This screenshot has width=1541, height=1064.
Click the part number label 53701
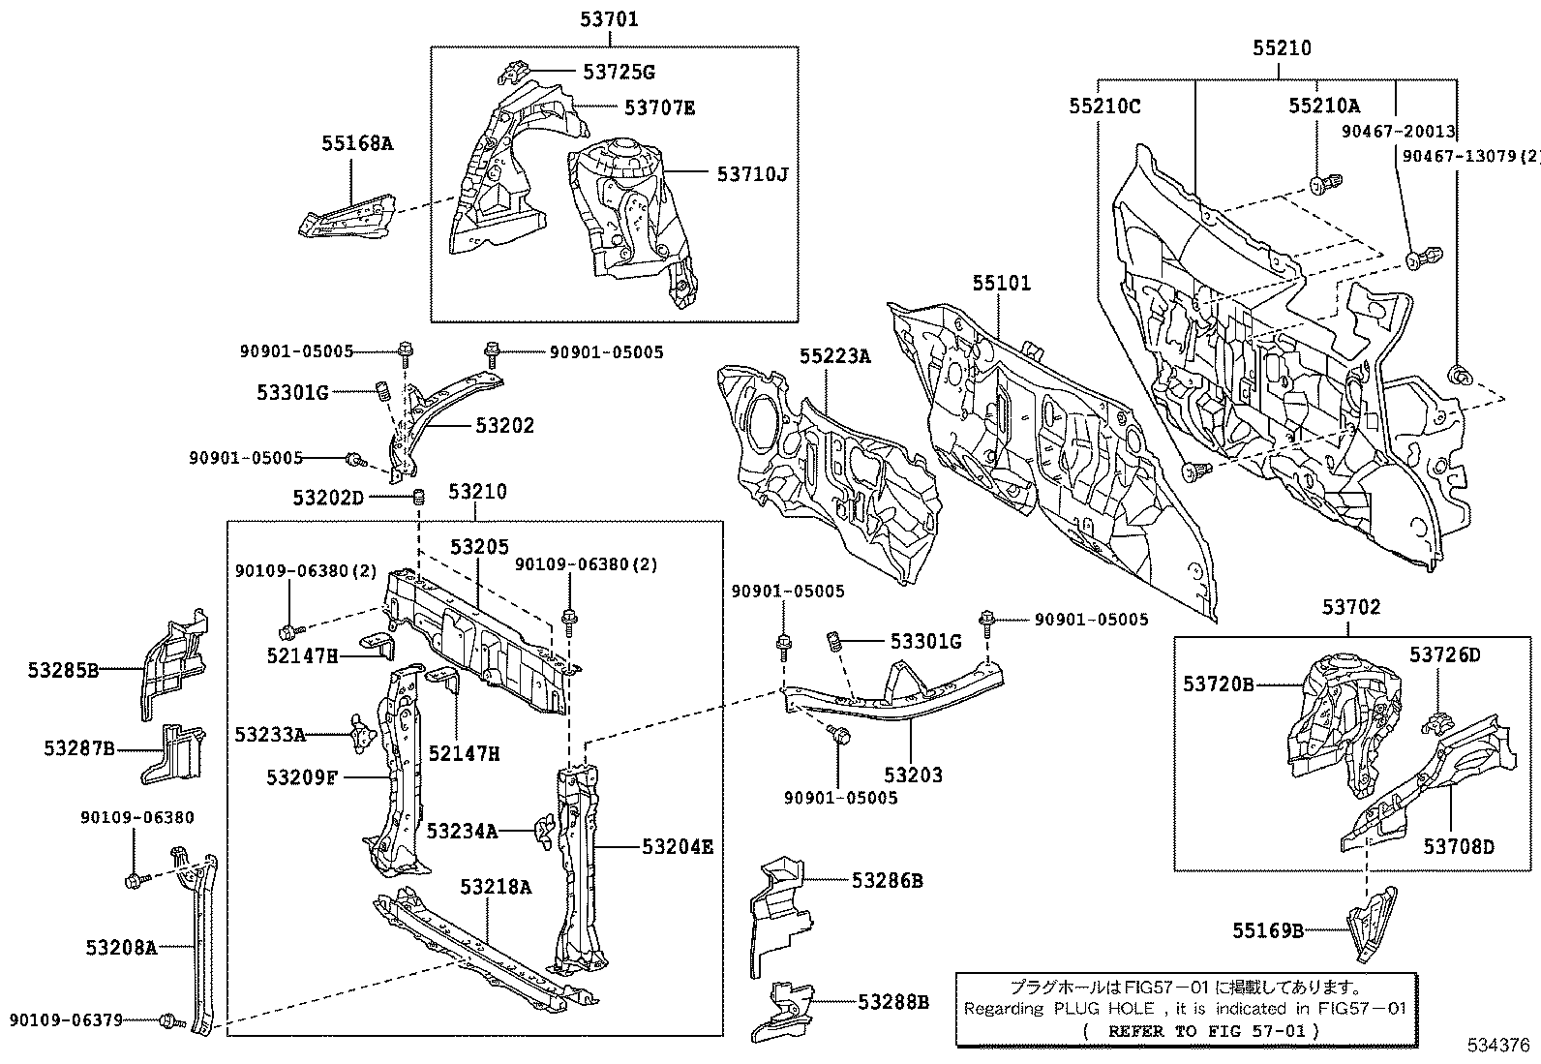609,18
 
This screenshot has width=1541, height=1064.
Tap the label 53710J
752,174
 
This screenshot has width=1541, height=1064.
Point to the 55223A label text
834,356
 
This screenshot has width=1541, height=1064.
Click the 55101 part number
1002,284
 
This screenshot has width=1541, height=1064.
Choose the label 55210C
1104,106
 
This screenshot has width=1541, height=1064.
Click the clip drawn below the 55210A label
1322,182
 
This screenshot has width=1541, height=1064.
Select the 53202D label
328,498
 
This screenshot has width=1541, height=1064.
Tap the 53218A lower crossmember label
496,887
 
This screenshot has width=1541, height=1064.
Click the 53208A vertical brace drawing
201,939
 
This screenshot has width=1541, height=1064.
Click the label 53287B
79,748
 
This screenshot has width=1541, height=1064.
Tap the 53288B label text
892,1002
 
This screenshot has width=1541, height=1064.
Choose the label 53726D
1444,655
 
